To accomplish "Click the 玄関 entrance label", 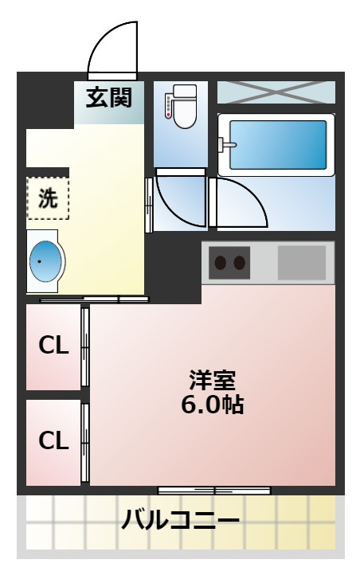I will coord(109,99).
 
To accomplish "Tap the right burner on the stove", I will coord(240,263).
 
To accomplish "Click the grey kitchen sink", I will coord(301,261).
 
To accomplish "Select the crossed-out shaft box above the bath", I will coord(276,92).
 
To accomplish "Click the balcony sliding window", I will coord(213,491).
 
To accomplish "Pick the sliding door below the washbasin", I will coord(94,300).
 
